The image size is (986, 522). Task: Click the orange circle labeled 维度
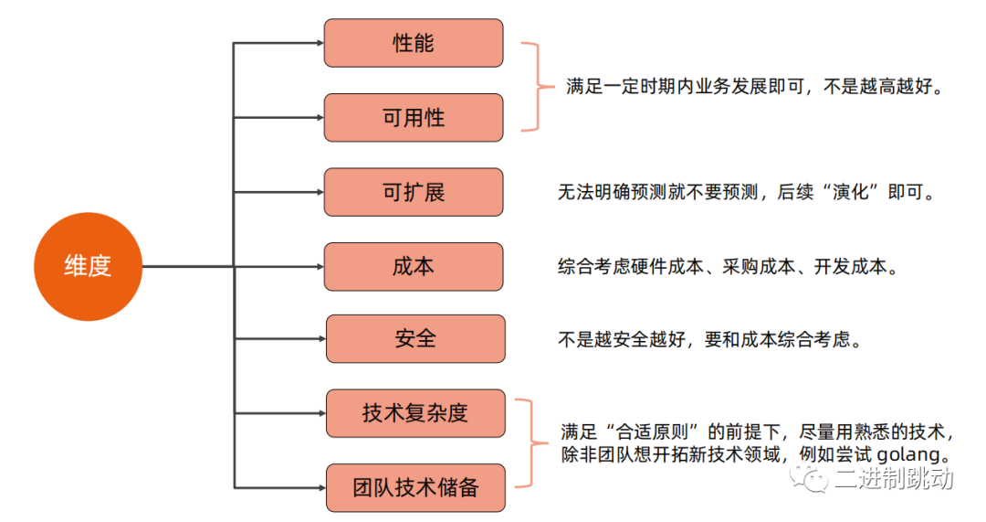click(88, 266)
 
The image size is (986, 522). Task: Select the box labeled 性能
click(414, 43)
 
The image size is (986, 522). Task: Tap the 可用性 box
click(414, 118)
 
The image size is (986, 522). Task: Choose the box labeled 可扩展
click(414, 192)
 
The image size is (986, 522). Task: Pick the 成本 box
click(414, 266)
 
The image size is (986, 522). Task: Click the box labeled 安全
click(415, 339)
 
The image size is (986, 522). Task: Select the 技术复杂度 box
click(415, 413)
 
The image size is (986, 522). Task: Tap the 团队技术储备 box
click(415, 488)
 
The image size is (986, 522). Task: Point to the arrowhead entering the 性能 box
click(320, 43)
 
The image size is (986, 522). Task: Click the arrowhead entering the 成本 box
click(320, 266)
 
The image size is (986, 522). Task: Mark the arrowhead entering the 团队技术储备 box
click(322, 488)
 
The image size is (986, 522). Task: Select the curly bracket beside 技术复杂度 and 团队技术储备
click(532, 443)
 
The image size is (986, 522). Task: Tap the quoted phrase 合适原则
click(652, 432)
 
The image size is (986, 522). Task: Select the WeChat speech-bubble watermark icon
click(810, 478)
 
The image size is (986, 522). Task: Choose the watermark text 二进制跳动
click(894, 478)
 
